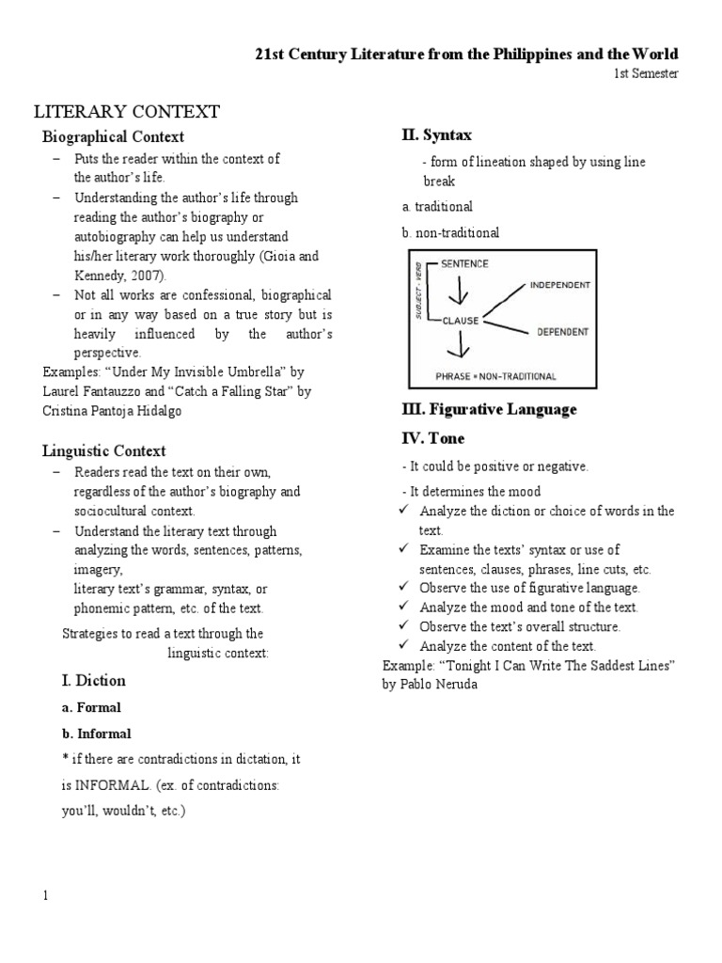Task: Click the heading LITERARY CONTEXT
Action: point(127,112)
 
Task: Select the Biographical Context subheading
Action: point(113,137)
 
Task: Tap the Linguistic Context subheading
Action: point(104,451)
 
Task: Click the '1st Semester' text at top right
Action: point(646,73)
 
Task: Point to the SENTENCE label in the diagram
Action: point(464,264)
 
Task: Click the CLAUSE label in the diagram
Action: point(460,320)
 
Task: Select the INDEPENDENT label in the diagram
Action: point(559,284)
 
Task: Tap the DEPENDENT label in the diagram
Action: point(562,331)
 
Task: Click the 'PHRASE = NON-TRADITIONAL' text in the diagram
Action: point(495,376)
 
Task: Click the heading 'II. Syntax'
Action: point(436,136)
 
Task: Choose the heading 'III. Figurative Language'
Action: point(489,410)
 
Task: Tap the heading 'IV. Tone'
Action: point(432,438)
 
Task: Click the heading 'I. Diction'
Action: point(93,680)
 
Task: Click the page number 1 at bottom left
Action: point(44,895)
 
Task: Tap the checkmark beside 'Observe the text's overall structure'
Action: point(403,625)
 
